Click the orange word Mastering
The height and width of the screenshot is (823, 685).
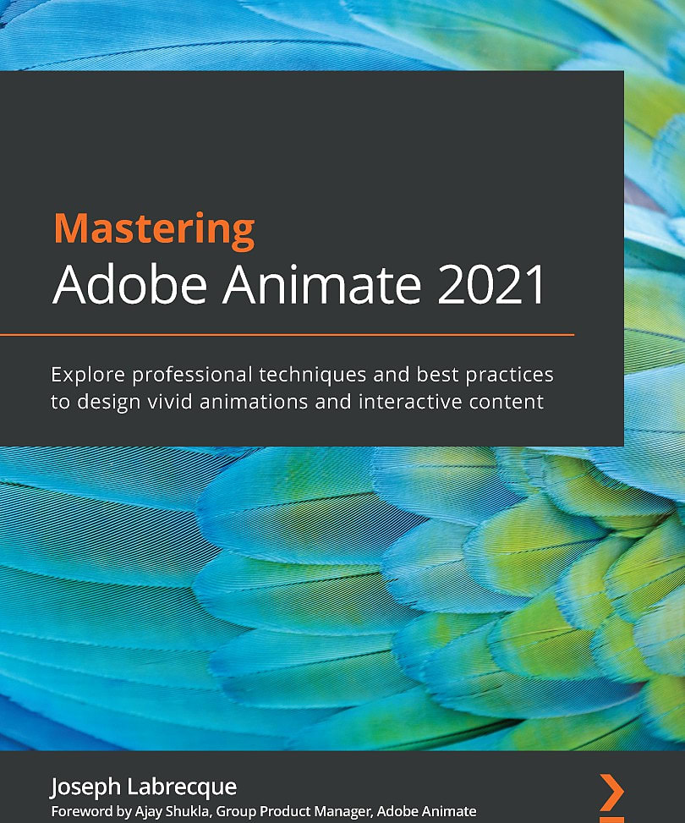coord(153,230)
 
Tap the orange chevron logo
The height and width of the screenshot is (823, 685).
coord(611,791)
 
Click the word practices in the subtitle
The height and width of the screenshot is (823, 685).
coord(511,373)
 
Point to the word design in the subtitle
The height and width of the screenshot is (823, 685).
coord(105,401)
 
